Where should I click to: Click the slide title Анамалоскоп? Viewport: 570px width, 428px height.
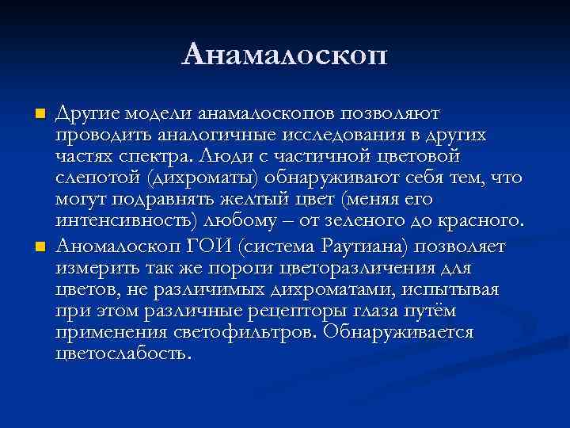pos(285,56)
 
